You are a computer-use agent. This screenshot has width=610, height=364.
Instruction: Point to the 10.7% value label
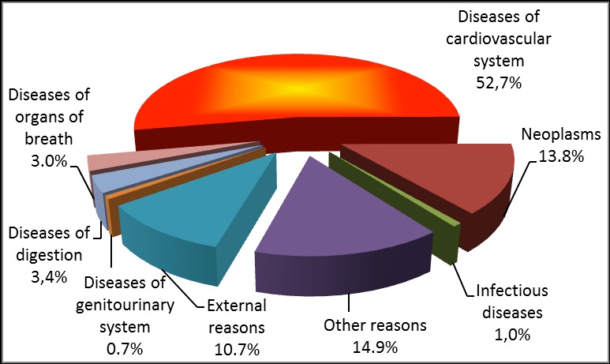click(237, 346)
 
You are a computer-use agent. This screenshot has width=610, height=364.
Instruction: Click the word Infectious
click(510, 291)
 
